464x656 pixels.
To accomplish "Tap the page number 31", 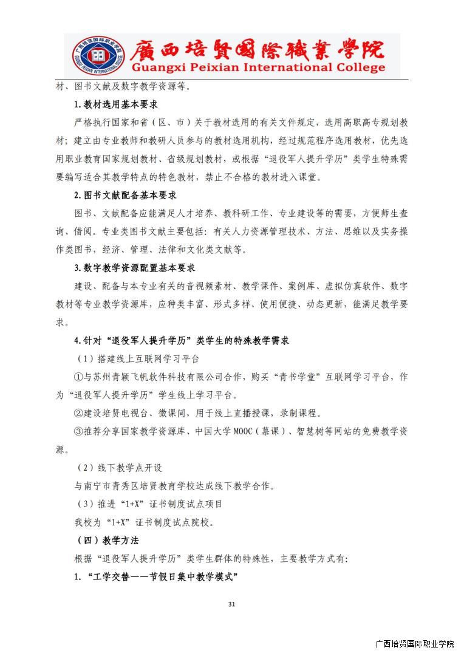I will click(x=231, y=604).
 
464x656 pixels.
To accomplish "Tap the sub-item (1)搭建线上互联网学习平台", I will click(x=138, y=359).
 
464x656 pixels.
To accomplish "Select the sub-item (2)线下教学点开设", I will click(x=119, y=468).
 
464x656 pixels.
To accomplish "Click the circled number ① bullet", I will click(x=78, y=377).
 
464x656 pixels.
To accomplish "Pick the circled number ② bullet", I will click(x=78, y=413).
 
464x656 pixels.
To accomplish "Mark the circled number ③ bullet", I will click(x=78, y=431).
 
